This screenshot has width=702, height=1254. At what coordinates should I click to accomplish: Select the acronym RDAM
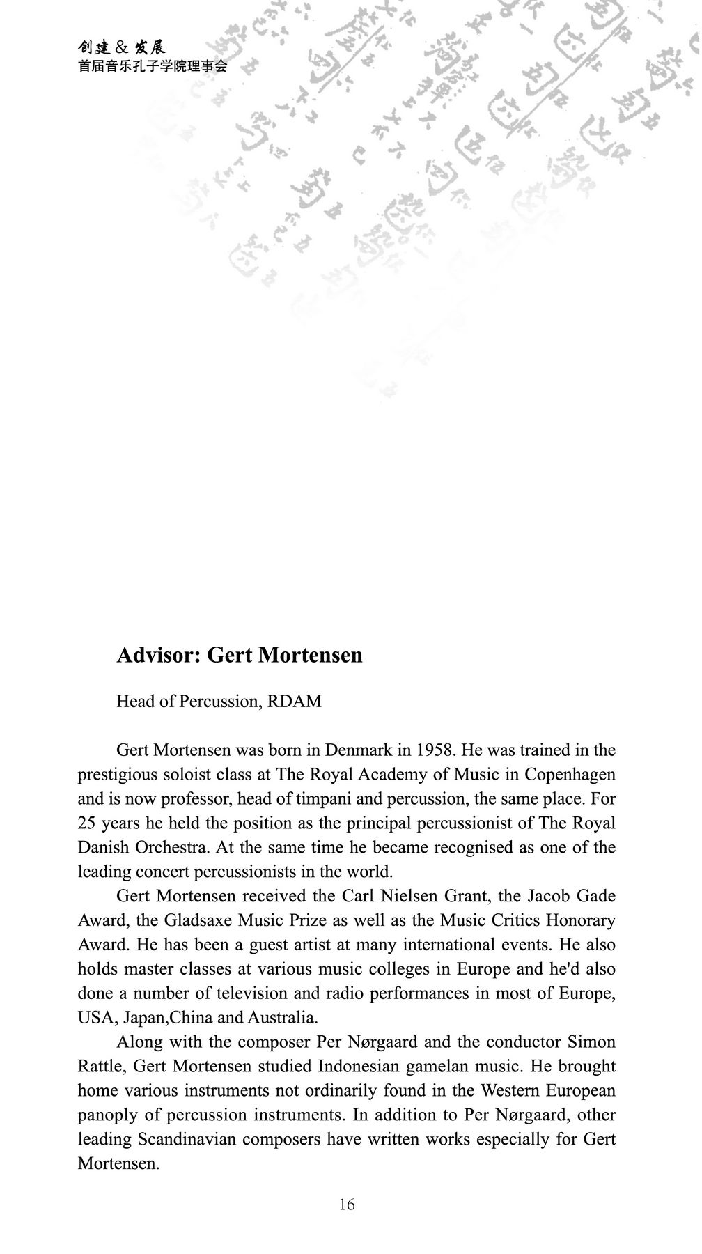(295, 702)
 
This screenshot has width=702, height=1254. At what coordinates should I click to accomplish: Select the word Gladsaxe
(198, 920)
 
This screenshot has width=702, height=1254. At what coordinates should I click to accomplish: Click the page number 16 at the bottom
(347, 1205)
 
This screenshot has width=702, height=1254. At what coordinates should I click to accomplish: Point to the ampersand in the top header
(120, 48)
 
